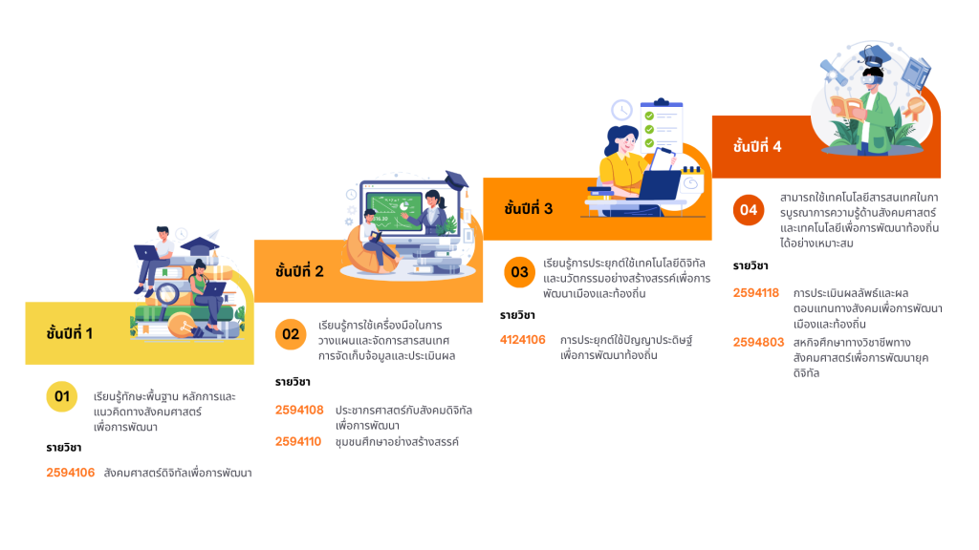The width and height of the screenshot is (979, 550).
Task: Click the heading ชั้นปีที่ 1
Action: (x=69, y=333)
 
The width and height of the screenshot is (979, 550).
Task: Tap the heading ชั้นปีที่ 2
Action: (x=299, y=270)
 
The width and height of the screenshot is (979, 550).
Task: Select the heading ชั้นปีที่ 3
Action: (x=528, y=208)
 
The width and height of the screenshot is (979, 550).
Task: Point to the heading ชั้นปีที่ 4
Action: (x=757, y=146)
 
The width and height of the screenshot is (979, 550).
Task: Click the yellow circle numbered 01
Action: (x=62, y=396)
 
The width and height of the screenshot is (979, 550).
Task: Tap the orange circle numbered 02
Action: (x=291, y=334)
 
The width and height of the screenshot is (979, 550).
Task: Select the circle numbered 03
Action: (x=519, y=272)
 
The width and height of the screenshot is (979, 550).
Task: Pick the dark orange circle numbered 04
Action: (x=749, y=210)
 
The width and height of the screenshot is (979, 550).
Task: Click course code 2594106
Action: (x=71, y=473)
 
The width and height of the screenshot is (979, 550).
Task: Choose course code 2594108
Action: (x=299, y=410)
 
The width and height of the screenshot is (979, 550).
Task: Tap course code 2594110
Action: (x=298, y=441)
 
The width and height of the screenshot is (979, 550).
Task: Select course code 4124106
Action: (x=523, y=340)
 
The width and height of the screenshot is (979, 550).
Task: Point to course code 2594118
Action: (x=756, y=293)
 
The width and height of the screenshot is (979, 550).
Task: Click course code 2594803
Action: (x=758, y=343)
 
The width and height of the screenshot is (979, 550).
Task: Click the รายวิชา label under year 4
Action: (x=751, y=265)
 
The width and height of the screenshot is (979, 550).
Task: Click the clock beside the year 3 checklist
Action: (x=621, y=110)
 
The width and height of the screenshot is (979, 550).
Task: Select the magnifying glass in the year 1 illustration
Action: (x=168, y=296)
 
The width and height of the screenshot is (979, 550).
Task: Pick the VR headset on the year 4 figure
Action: (x=872, y=78)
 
